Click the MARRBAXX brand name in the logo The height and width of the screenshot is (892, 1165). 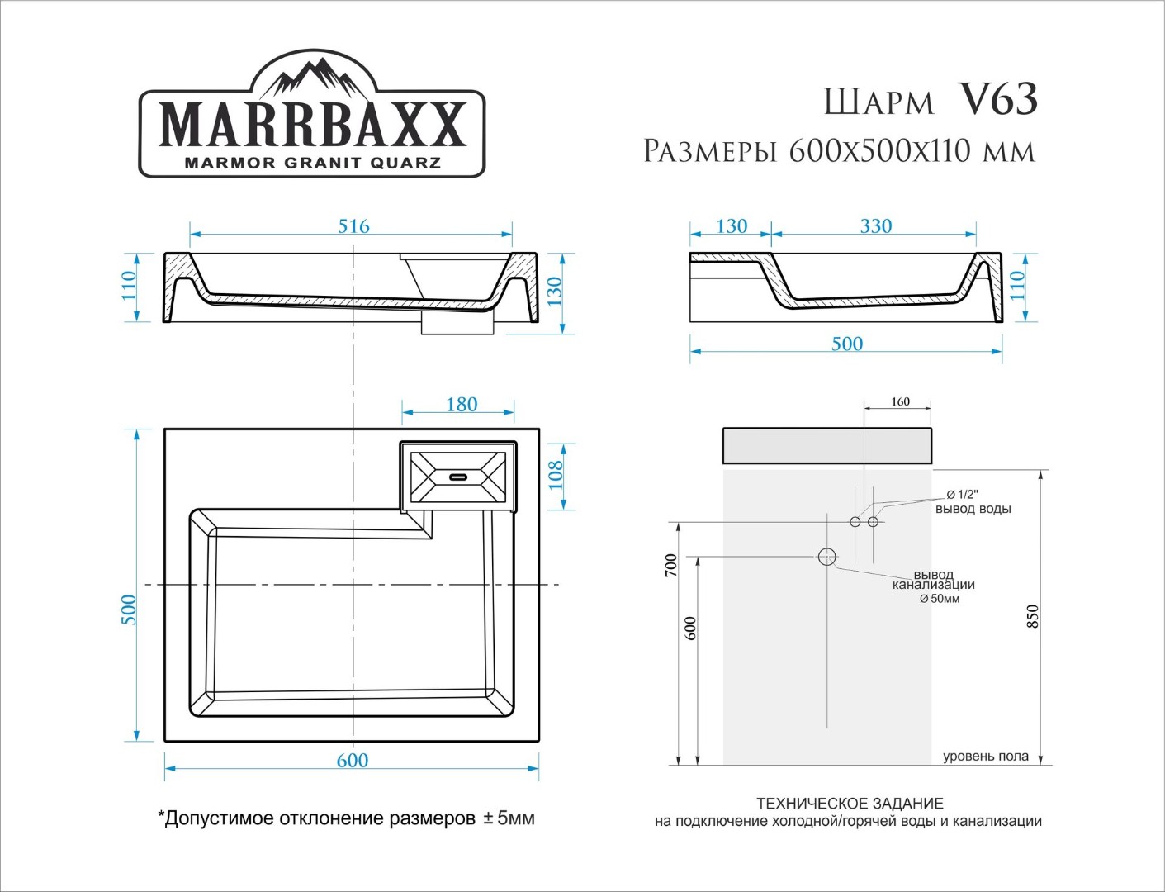coord(313,124)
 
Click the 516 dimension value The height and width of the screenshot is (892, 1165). coord(354,226)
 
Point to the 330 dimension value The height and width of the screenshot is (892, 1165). coord(876,225)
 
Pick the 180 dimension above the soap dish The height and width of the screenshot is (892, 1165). coord(462,405)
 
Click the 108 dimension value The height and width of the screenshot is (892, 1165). coord(555,475)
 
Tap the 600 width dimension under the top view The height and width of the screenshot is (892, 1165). coord(353,761)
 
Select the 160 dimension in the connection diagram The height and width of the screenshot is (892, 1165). coord(900,401)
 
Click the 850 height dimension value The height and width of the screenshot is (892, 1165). coord(1033,616)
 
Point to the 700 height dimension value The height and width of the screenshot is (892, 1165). coord(671,566)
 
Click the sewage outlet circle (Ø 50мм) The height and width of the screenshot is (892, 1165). coord(827,557)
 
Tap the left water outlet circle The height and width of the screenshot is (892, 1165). coord(855,521)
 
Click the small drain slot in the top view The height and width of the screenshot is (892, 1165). coord(458,477)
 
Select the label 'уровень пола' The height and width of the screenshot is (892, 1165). coord(986,756)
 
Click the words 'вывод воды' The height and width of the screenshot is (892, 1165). coord(973,509)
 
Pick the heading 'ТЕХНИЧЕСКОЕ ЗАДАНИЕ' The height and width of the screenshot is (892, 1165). coord(850,803)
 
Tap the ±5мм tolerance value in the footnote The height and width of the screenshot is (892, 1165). coord(509,818)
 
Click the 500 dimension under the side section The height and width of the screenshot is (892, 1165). coord(847,344)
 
